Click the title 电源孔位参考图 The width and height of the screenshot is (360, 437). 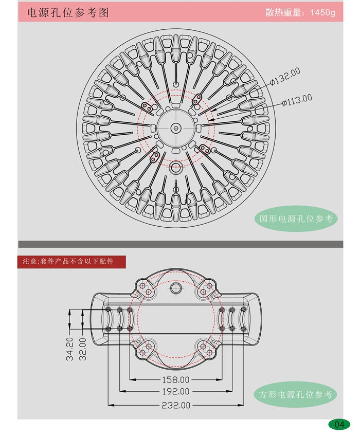pos(68,12)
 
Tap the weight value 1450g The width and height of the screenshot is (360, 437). pos(322,12)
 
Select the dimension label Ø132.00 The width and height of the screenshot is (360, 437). pos(285,77)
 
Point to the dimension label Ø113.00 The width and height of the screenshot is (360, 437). pos(297,100)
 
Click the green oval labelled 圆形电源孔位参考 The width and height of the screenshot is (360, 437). pos(296,219)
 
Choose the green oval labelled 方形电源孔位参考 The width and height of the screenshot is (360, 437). pos(295,394)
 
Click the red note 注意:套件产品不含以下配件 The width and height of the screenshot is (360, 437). pos(71,261)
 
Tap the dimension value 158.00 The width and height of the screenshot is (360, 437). pos(176,379)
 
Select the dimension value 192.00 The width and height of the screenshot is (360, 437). pos(176,391)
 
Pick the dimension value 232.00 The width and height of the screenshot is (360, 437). pos(176,405)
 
